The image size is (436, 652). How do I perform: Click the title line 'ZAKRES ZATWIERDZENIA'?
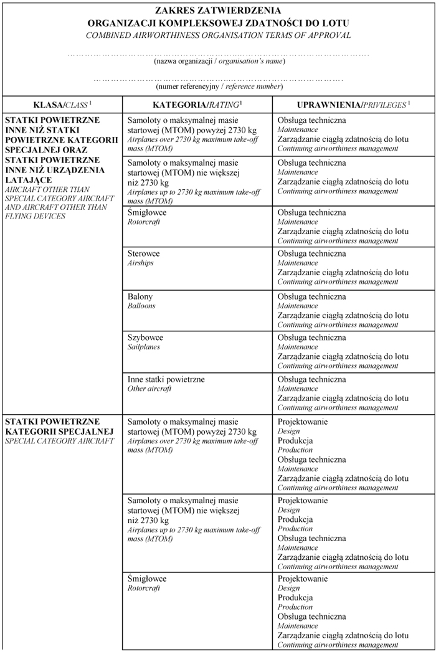tap(218, 11)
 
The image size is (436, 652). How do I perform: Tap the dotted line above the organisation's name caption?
tap(218, 55)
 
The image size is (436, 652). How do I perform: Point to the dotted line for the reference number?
tap(218, 80)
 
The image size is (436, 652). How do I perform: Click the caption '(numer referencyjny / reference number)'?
tap(218, 87)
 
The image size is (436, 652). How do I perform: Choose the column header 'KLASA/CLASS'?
tap(61, 103)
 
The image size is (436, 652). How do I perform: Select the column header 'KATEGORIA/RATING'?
tap(196, 103)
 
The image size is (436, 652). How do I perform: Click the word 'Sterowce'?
tap(143, 254)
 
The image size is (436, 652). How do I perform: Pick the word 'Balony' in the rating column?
tap(140, 297)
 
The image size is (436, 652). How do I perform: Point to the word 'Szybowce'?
tap(145, 338)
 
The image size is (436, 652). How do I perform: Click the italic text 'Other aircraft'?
tap(149, 389)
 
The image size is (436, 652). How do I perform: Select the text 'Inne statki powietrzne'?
tap(166, 379)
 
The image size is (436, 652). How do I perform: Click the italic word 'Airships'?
tap(140, 263)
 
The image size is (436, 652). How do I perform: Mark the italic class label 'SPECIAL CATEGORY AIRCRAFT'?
tap(59, 441)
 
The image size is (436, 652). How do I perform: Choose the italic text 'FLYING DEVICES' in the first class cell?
tap(35, 216)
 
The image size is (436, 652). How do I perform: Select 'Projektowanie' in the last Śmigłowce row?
tap(302, 579)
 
